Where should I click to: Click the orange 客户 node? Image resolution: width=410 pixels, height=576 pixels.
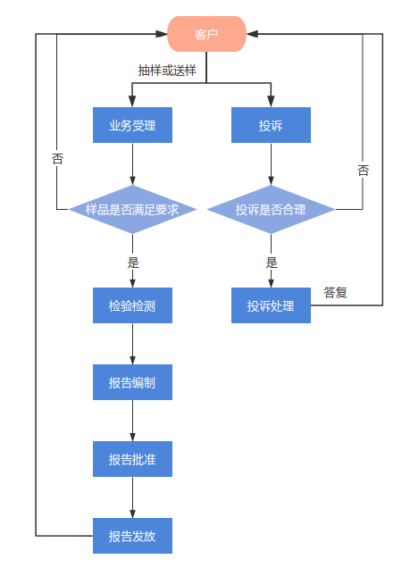pos(206,35)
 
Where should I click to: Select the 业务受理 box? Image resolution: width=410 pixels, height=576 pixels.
pos(132,125)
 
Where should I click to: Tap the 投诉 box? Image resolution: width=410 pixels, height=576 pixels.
pos(271,125)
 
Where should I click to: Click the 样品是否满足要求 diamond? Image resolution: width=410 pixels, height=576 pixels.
pos(132,210)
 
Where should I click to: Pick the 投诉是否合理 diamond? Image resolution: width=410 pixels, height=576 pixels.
pos(271,210)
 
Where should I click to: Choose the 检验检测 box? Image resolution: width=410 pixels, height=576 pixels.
pos(132,305)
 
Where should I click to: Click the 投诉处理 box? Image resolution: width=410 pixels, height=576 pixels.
pos(271,305)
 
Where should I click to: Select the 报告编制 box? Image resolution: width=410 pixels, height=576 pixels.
pos(132,382)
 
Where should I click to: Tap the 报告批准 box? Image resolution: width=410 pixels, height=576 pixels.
pos(132,459)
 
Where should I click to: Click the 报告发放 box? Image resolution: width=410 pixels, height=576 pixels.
pos(132,536)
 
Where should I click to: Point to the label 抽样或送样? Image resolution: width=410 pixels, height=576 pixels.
pos(167,70)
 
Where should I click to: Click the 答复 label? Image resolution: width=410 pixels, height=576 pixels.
pos(335,292)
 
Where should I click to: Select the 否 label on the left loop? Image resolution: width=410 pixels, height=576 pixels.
pos(57,159)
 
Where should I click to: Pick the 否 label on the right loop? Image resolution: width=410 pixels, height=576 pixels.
pos(363,170)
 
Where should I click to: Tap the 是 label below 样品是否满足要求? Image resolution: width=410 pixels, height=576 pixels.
pos(134,263)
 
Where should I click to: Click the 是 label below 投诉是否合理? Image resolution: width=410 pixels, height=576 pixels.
pos(272,263)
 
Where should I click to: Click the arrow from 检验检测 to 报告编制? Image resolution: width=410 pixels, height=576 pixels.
pos(132,344)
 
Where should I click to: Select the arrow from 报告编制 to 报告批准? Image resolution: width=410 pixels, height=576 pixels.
pos(132,421)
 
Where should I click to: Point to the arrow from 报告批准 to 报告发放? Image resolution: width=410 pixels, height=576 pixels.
pos(132,497)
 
